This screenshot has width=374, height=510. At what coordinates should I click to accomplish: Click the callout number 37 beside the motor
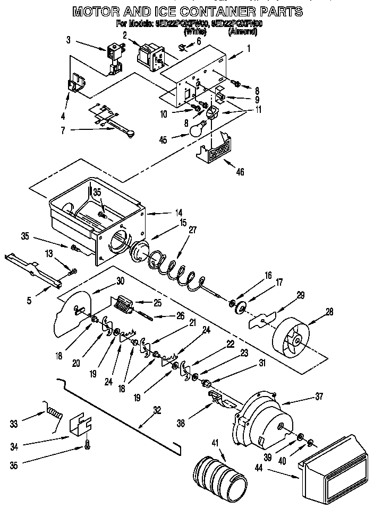[x=318, y=395]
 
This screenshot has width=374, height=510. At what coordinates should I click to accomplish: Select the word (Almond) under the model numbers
[x=243, y=32]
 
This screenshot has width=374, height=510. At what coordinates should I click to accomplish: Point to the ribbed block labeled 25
[x=124, y=305]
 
